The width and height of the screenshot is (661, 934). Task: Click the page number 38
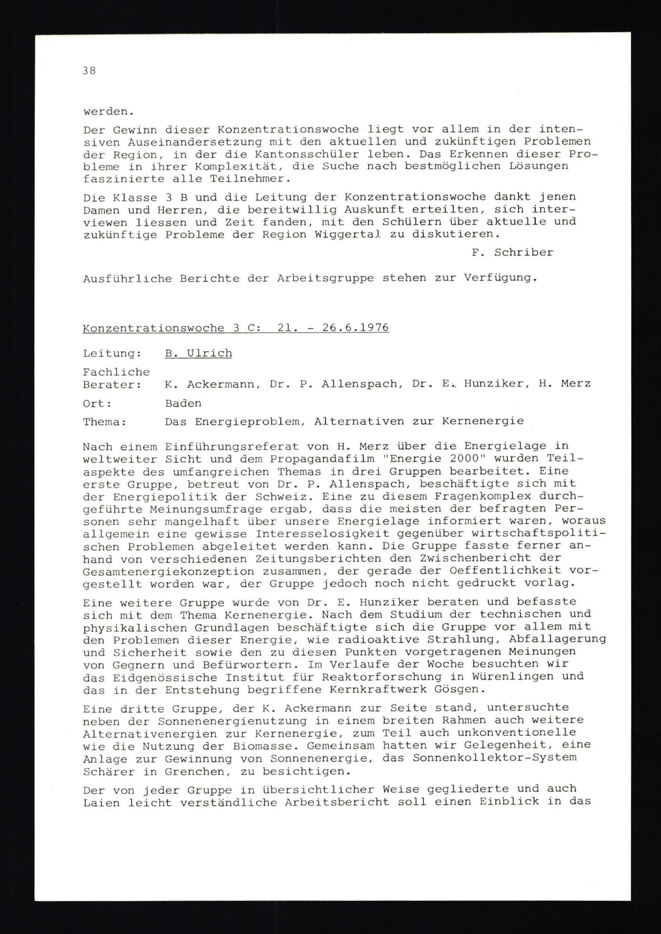[x=89, y=70]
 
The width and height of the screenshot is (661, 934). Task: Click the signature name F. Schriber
[x=512, y=252]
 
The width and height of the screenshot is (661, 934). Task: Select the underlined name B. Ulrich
[x=198, y=353]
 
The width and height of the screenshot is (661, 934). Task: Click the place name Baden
[x=183, y=403]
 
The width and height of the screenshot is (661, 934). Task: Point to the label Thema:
[x=105, y=422]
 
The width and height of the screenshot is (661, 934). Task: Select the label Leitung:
[x=112, y=353]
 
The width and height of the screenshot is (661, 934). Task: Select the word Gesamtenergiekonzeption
[x=169, y=572]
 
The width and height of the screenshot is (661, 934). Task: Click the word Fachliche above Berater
[x=116, y=372]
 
